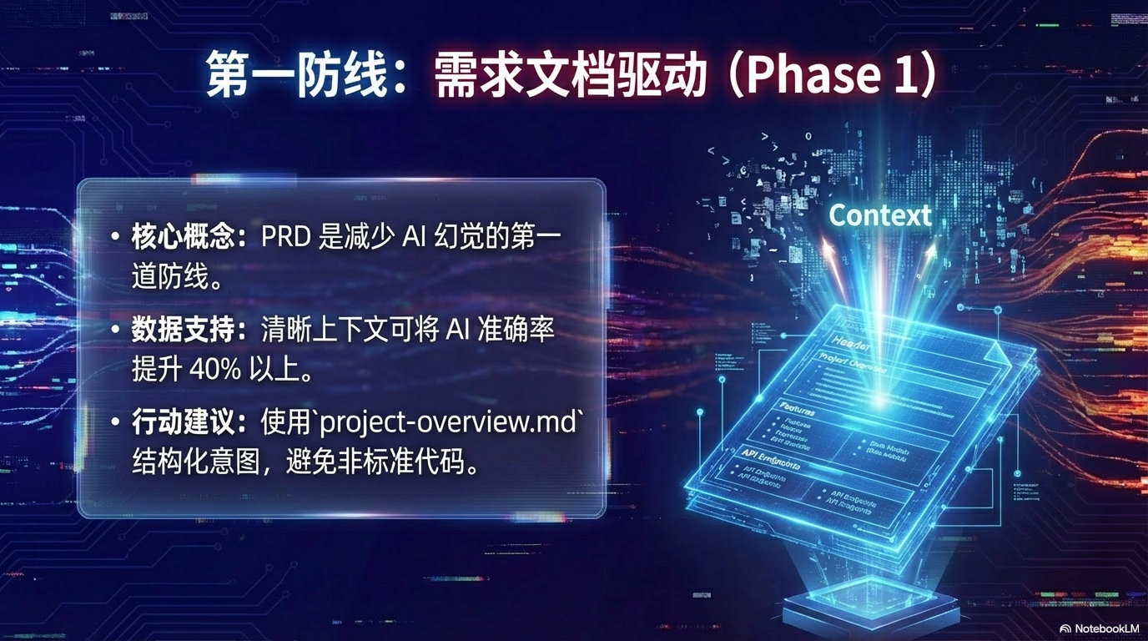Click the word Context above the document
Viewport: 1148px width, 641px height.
point(880,215)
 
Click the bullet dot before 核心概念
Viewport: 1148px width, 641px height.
point(115,238)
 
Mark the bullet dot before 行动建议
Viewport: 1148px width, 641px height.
point(115,423)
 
